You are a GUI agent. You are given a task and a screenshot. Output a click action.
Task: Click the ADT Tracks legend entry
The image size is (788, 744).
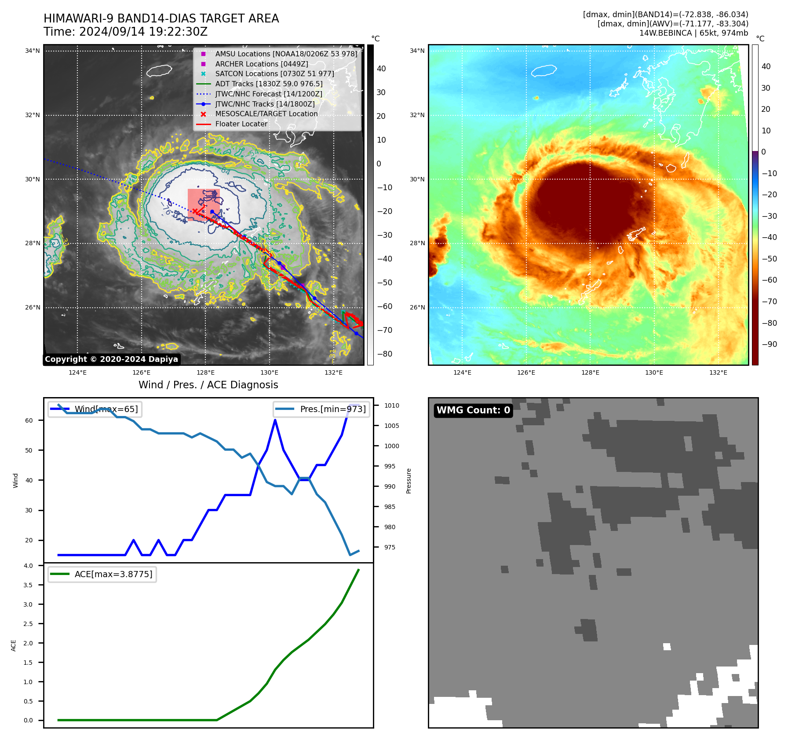269,84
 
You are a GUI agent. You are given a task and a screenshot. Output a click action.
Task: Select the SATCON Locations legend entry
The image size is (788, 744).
274,74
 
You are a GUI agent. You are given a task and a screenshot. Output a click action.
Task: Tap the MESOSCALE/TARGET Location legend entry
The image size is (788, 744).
266,114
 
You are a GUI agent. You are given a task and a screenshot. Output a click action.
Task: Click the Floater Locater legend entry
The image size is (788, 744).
241,124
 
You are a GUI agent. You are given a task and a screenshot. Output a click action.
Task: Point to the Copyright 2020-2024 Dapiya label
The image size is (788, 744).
111,359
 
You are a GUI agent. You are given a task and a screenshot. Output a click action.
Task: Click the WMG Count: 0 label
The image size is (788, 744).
473,410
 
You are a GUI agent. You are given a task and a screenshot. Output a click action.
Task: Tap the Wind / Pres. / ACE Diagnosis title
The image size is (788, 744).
208,385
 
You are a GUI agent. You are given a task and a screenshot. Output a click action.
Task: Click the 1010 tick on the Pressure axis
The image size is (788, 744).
391,405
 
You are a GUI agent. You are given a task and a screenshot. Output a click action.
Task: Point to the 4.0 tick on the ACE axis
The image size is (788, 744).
28,566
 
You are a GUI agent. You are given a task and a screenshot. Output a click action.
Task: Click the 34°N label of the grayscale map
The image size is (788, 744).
33,51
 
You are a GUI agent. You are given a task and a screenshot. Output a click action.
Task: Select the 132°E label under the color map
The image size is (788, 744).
718,372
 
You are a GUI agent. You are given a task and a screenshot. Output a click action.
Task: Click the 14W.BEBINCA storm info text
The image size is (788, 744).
693,33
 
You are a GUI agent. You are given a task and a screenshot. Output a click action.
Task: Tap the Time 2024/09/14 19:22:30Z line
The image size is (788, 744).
125,32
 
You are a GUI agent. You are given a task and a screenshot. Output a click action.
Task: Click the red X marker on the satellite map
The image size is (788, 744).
195,211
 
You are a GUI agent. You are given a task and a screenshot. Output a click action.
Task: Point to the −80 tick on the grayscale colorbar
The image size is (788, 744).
384,354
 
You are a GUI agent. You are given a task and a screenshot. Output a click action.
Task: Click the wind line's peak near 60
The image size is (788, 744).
275,420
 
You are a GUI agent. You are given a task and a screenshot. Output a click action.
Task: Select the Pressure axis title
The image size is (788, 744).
409,480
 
